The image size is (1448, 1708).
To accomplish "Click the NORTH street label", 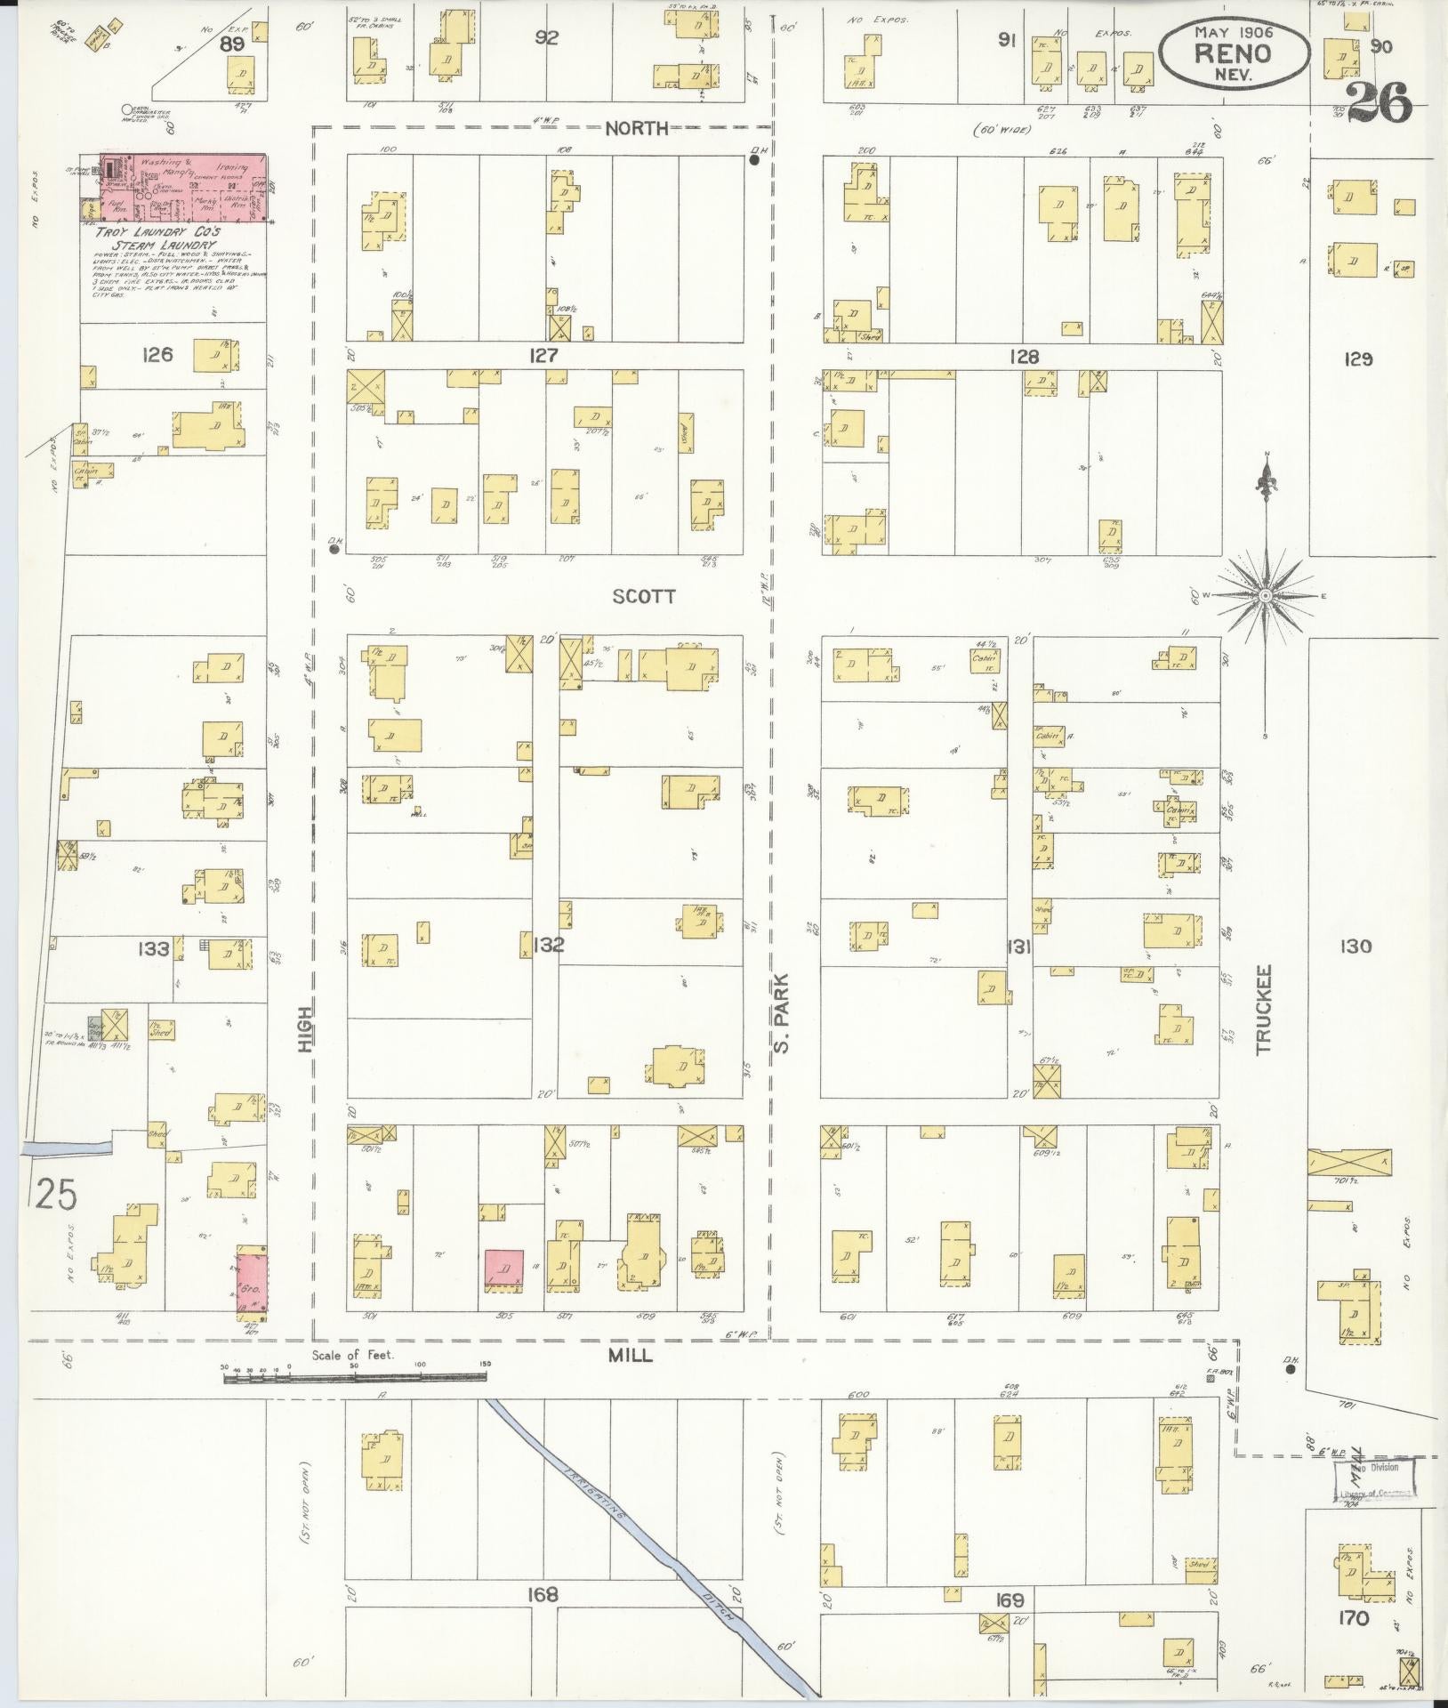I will point(636,129).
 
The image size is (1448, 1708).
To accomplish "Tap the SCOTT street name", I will point(643,597).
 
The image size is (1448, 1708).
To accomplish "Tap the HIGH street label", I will point(306,1031).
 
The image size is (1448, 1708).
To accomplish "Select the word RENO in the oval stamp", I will point(1233,52).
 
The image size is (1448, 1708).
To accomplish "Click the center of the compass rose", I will point(1265,594).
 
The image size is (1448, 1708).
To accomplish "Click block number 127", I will point(543,356).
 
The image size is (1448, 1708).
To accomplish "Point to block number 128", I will point(1024,357).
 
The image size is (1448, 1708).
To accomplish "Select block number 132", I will point(548,945).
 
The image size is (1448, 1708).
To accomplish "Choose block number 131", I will point(1018,948).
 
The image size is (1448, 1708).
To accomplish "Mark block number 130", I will point(1352,947).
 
